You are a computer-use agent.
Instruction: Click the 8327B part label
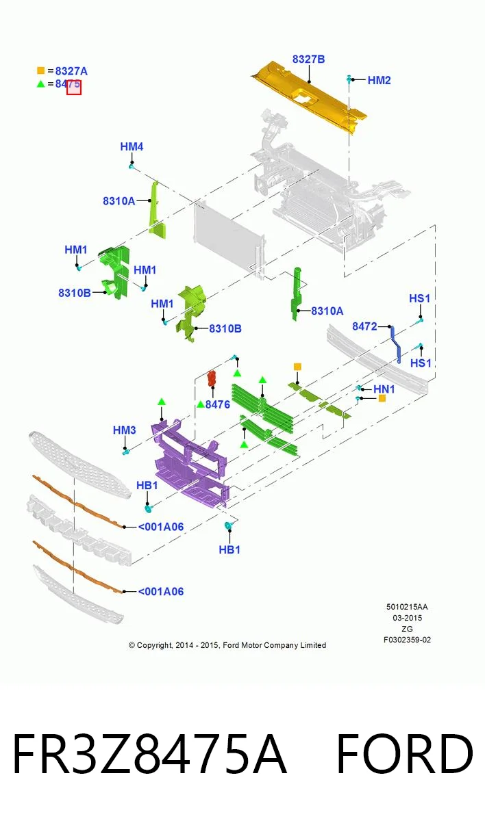pyautogui.click(x=308, y=60)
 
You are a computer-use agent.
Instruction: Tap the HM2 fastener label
pyautogui.click(x=379, y=80)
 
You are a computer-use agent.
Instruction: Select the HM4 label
pyautogui.click(x=132, y=146)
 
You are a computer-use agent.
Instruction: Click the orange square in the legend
pyautogui.click(x=40, y=70)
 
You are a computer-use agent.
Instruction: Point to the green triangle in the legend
pyautogui.click(x=40, y=84)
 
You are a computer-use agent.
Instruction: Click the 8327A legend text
pyautogui.click(x=71, y=71)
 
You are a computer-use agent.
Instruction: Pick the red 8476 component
pyautogui.click(x=212, y=378)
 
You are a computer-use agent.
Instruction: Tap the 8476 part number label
pyautogui.click(x=218, y=404)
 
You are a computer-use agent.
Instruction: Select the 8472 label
pyautogui.click(x=364, y=326)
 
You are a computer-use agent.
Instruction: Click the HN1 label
pyautogui.click(x=384, y=389)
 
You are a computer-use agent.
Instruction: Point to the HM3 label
pyautogui.click(x=125, y=430)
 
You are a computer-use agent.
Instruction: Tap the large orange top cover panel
pyautogui.click(x=309, y=97)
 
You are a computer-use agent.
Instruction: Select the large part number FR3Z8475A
pyautogui.click(x=149, y=753)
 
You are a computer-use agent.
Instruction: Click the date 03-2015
pyautogui.click(x=407, y=618)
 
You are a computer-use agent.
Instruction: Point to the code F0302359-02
pyautogui.click(x=407, y=640)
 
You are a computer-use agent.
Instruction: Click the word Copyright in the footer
pyautogui.click(x=154, y=645)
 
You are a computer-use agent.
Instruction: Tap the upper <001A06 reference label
pyautogui.click(x=161, y=527)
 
